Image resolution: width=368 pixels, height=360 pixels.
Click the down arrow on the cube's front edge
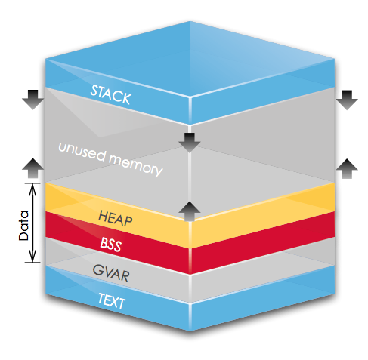(x=188, y=140)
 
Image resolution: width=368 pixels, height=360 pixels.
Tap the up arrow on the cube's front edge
(x=188, y=208)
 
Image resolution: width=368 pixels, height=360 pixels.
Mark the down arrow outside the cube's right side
(x=348, y=98)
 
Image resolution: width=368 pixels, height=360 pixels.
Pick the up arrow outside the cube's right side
(x=348, y=168)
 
